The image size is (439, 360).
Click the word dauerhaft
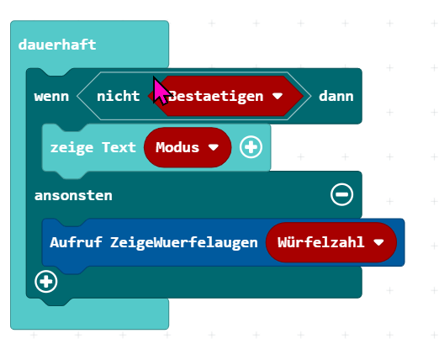pos(57,45)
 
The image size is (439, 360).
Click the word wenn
pos(51,97)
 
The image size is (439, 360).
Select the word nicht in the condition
pos(118,96)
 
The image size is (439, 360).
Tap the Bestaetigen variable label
pos(216,96)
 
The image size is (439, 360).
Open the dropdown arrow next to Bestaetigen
pos(278,96)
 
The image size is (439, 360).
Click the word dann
pos(336,96)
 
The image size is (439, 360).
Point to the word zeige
pos(71,148)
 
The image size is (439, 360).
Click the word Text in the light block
pos(119,147)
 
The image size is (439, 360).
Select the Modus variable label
pos(177,147)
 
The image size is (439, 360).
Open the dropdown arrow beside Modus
pos(214,147)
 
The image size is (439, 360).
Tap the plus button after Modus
pos(251,147)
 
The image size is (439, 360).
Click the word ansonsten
pos(73,195)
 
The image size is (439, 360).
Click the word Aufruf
pos(76,242)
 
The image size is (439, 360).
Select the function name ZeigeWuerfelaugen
pos(184,242)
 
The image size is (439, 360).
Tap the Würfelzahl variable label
pos(321,242)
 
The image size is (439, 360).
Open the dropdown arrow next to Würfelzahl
pos(378,242)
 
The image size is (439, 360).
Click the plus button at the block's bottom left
pos(46,282)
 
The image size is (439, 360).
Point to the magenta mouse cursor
pos(161,90)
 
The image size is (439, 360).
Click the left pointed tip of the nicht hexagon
pos(77,96)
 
